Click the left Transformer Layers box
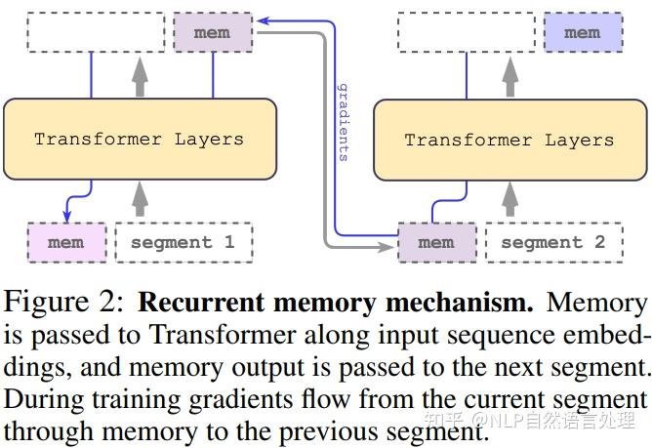(140, 139)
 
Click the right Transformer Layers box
(509, 140)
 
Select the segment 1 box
(183, 242)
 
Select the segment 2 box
(553, 242)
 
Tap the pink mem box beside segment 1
(66, 242)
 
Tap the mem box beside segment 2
(436, 242)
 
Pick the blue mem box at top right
(582, 32)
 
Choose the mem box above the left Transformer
(212, 32)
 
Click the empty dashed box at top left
(95, 32)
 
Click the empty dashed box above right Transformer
(466, 32)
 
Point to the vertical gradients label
(344, 122)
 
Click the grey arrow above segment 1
(140, 200)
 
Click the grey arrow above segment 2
(509, 200)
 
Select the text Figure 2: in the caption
(64, 302)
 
